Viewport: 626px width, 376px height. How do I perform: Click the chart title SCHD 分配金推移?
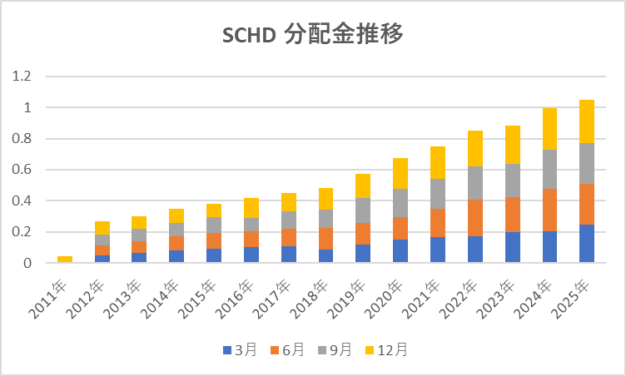[x=314, y=36]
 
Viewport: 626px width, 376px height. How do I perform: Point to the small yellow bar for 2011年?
[x=65, y=260]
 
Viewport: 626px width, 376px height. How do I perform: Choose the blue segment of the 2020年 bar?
[x=400, y=251]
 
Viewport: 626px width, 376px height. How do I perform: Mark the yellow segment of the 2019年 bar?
[x=363, y=186]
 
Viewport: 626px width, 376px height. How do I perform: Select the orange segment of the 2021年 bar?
[x=437, y=223]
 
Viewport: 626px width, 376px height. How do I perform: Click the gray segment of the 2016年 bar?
[x=251, y=225]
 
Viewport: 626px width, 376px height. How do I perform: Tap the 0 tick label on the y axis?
[x=27, y=263]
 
